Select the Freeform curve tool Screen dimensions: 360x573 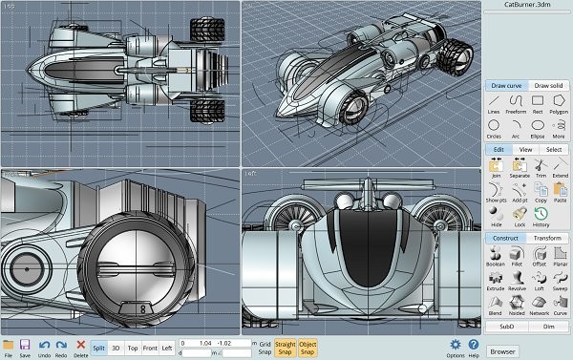[x=516, y=102]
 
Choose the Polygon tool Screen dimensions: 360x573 [x=559, y=102]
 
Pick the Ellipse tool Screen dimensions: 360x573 [x=538, y=127]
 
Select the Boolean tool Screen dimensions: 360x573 [x=495, y=255]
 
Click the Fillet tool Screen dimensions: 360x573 [x=517, y=255]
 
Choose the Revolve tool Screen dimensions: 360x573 [x=517, y=282]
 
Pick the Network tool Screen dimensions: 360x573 [x=538, y=307]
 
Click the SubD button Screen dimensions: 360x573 [x=505, y=326]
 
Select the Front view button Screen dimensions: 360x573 [x=151, y=349]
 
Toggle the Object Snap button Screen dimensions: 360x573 [x=308, y=349]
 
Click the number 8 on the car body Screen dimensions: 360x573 [x=141, y=308]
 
